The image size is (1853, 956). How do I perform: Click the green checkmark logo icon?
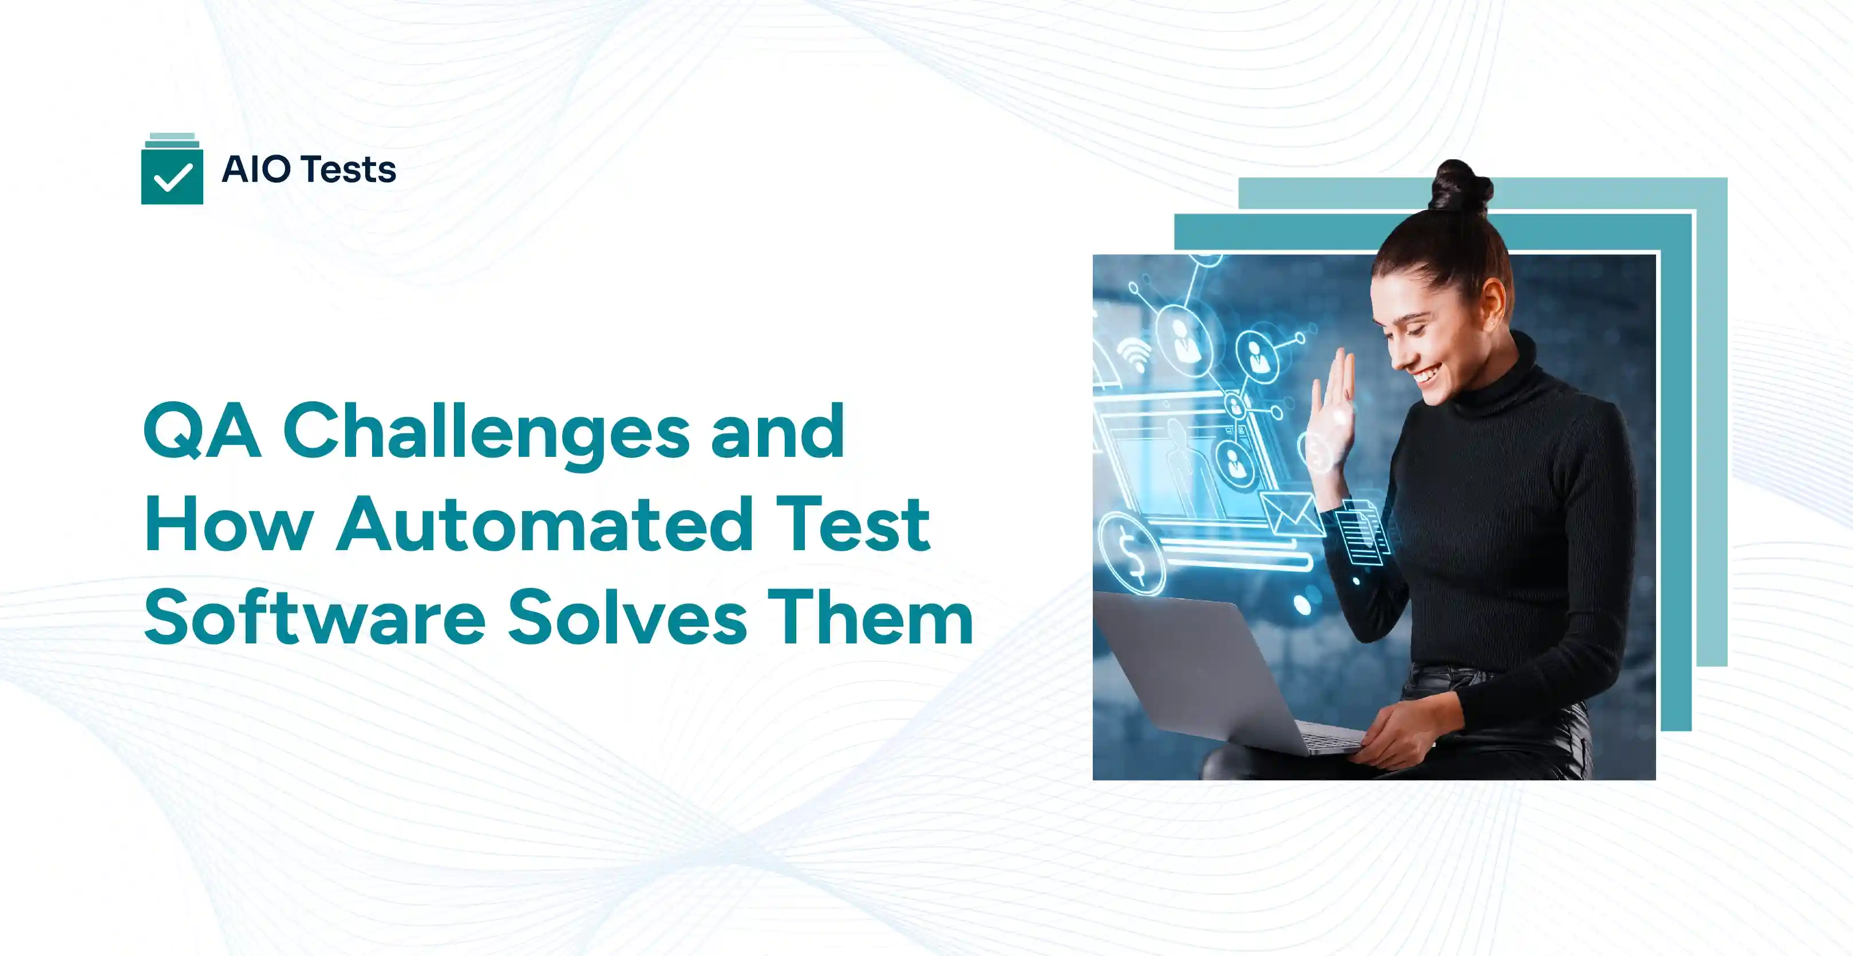coord(172,173)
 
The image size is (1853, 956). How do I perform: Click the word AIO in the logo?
coord(256,170)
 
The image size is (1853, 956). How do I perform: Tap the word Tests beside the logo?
coord(348,170)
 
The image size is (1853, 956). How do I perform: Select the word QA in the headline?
coord(202,431)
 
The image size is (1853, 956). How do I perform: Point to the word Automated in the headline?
coord(544,524)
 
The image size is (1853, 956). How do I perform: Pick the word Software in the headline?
coord(314,617)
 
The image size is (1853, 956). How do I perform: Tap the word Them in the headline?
coord(870,617)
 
